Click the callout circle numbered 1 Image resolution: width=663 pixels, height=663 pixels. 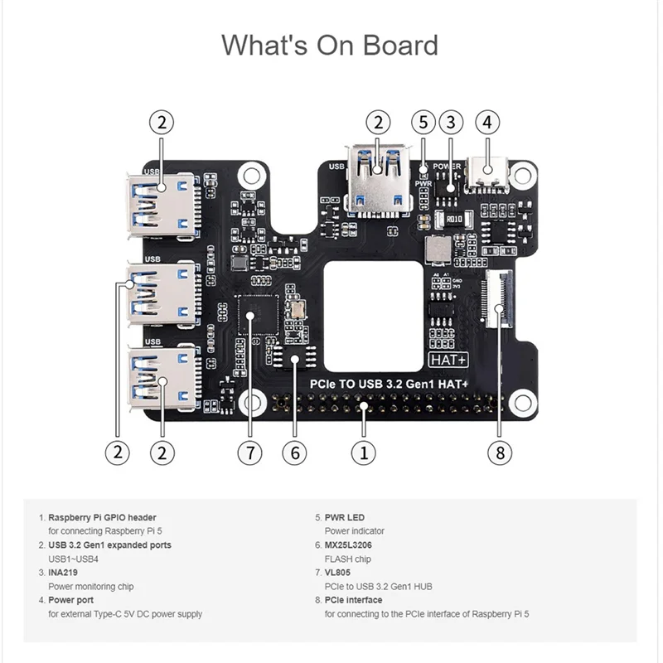click(x=361, y=452)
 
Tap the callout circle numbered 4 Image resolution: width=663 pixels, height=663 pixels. click(x=487, y=122)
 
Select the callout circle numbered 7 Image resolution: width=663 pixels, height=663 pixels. click(x=249, y=452)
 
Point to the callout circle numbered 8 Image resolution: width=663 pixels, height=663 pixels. click(x=500, y=452)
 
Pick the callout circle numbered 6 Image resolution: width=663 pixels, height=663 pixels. click(x=294, y=452)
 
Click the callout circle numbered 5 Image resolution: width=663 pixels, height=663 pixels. click(x=423, y=122)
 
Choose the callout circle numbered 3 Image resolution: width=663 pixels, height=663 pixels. click(x=450, y=122)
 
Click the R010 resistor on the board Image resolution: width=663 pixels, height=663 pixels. click(x=453, y=220)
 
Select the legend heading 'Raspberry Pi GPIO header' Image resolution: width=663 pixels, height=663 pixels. click(x=102, y=517)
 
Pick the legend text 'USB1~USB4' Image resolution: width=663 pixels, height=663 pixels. click(x=74, y=559)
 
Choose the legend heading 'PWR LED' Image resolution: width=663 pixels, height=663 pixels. click(x=344, y=517)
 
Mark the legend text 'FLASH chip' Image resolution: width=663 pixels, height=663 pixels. click(x=348, y=559)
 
